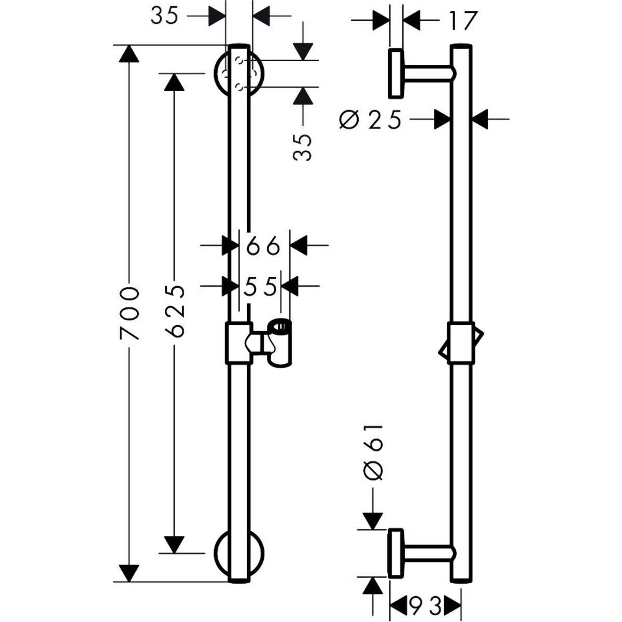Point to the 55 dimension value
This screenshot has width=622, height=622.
(x=259, y=286)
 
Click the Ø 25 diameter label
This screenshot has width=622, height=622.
(x=370, y=120)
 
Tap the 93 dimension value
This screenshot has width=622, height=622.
(x=426, y=603)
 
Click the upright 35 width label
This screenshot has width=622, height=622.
(x=164, y=16)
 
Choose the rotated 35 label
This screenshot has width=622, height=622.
(x=304, y=147)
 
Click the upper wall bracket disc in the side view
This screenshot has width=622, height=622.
(x=395, y=74)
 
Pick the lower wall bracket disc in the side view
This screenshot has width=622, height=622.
(x=395, y=553)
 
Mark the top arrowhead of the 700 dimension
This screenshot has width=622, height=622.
(x=129, y=54)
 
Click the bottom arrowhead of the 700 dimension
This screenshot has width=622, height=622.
(x=129, y=573)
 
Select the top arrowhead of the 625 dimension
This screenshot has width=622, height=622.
(x=174, y=82)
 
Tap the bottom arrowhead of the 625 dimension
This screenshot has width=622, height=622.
(x=174, y=544)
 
